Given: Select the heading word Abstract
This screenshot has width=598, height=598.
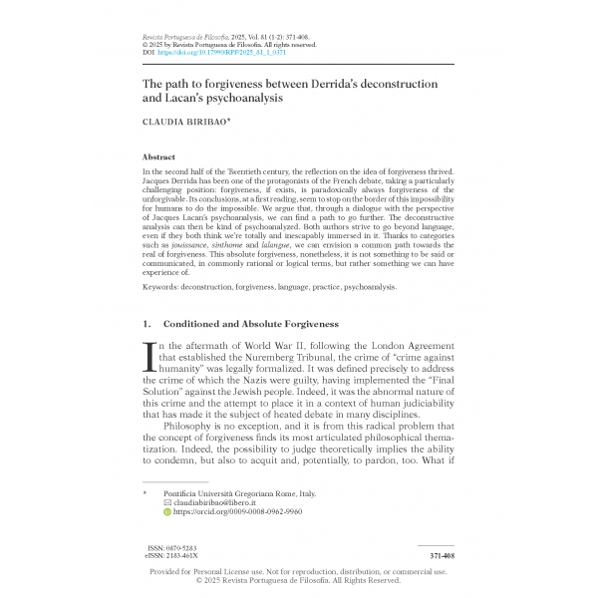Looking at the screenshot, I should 160,156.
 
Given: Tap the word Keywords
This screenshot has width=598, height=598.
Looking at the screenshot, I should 165,286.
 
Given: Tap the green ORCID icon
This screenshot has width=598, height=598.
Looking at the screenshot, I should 166,511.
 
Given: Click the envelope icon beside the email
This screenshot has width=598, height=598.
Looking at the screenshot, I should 166,502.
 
